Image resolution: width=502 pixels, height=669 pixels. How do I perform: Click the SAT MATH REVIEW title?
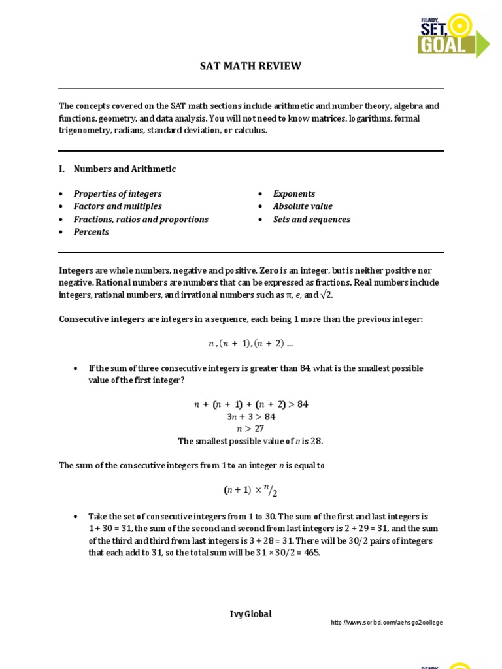click(250, 66)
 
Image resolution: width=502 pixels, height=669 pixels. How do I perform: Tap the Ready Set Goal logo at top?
click(453, 34)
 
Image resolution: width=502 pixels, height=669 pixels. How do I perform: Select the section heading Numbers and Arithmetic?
click(124, 169)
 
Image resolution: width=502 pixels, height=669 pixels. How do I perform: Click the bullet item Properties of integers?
click(118, 194)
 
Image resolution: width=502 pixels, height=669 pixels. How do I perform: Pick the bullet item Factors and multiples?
click(118, 206)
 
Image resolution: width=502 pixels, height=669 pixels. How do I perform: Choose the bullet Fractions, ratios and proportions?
click(141, 220)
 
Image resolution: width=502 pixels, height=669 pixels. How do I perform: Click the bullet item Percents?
click(92, 232)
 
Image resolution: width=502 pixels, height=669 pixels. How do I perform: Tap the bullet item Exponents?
click(294, 194)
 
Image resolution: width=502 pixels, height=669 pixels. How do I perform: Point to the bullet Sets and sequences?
click(312, 220)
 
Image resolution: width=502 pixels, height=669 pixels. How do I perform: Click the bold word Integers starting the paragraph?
click(76, 270)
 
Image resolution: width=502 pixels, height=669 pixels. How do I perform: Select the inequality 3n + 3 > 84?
click(251, 417)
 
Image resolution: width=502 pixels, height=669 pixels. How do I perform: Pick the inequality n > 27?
click(251, 429)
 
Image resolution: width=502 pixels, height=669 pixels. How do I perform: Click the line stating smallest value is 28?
click(251, 441)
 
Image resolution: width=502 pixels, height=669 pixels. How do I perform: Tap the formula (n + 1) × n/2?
click(251, 490)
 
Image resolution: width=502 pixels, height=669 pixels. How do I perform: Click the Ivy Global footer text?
click(250, 614)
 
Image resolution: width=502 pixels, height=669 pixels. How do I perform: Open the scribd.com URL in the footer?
click(387, 623)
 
